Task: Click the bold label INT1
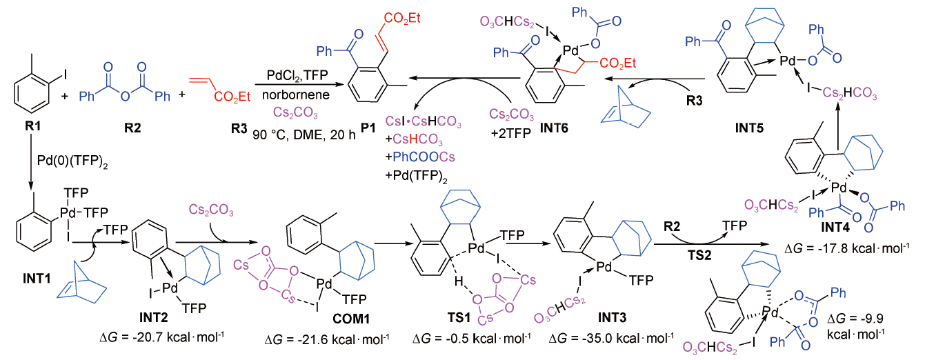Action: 37,278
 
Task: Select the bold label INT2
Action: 154,317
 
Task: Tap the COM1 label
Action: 351,319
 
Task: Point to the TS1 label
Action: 459,317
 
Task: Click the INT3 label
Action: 612,317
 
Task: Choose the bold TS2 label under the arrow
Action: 700,255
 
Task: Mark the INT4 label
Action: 835,227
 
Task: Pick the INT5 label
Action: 749,128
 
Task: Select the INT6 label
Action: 554,128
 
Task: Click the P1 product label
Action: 368,128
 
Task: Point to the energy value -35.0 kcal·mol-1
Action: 611,338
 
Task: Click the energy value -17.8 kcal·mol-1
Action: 846,248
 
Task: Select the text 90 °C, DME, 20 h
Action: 304,134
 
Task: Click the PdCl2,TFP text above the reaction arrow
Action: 297,76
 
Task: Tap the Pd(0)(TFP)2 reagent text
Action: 72,161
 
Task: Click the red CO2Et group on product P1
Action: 402,18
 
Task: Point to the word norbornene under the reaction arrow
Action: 296,94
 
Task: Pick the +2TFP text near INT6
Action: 511,133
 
